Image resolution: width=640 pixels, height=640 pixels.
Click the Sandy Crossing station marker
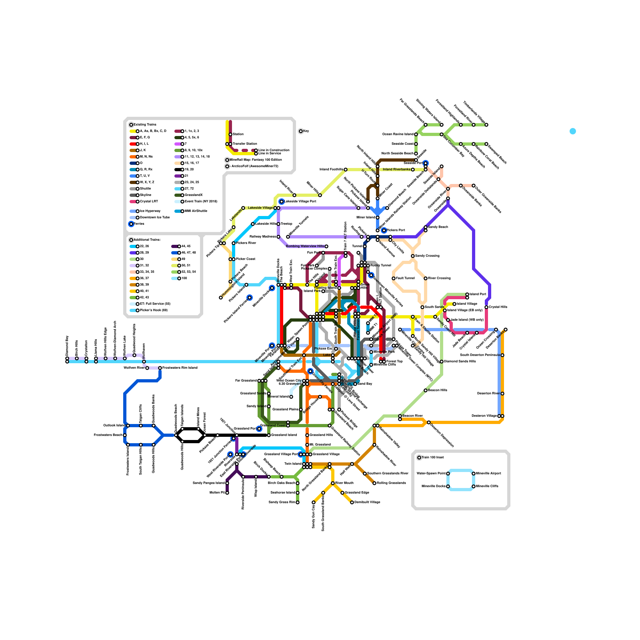(x=413, y=256)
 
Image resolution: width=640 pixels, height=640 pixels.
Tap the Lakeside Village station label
(x=260, y=208)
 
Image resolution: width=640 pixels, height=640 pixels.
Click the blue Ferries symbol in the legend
(x=131, y=224)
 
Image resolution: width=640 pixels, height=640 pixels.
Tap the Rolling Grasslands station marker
(x=374, y=483)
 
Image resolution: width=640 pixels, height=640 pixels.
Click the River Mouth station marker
(x=333, y=483)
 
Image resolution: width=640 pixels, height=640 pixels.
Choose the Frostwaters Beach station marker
(x=125, y=435)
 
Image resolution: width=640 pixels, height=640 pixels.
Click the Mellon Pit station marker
(x=227, y=493)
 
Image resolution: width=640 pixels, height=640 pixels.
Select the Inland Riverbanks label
(x=396, y=170)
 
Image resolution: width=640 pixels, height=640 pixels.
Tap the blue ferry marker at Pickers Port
(x=384, y=230)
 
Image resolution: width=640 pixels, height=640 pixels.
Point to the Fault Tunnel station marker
(x=394, y=278)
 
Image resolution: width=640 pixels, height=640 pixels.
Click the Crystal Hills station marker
(x=486, y=307)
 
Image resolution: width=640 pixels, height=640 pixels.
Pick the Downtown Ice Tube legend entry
(x=154, y=218)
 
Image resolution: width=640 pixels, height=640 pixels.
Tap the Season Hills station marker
(x=426, y=390)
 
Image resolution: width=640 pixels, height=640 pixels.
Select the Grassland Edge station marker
(x=342, y=493)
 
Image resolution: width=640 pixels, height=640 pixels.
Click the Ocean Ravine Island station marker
(x=416, y=134)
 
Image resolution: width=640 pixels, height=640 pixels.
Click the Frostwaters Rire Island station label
(x=180, y=368)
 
